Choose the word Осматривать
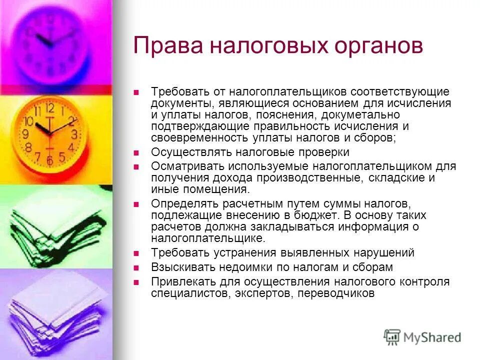(183, 166)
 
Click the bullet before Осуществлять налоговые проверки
(135, 152)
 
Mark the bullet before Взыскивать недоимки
(135, 267)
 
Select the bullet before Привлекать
(135, 281)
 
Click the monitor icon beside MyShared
(392, 337)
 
